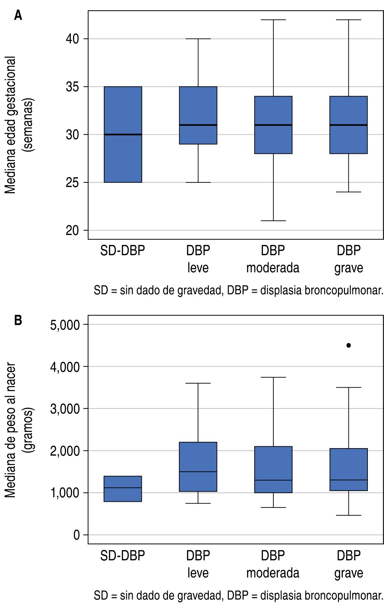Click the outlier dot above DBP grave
point(349,345)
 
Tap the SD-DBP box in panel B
point(123,489)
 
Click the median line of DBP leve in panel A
point(198,125)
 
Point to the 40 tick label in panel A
point(72,39)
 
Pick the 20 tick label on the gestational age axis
point(72,230)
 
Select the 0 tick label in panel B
point(76,535)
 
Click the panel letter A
point(18,15)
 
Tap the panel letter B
point(18,321)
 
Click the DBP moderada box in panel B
point(273,469)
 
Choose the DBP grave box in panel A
point(349,125)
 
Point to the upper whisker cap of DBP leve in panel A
point(198,39)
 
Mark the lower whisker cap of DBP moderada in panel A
point(273,221)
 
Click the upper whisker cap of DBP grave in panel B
point(349,387)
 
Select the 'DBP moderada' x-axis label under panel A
point(273,259)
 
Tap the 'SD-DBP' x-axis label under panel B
point(123,555)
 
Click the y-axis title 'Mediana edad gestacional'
point(10,125)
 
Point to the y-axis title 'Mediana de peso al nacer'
point(10,430)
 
